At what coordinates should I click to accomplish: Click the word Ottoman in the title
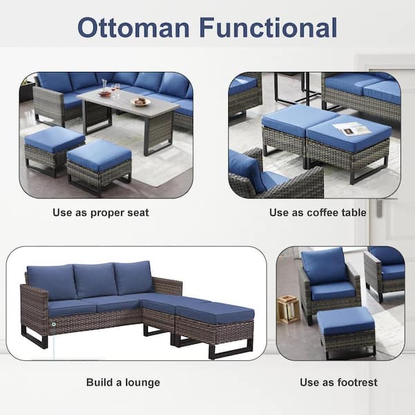coord(133,28)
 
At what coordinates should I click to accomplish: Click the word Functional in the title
coord(268,28)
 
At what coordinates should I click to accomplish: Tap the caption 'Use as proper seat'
coord(100,213)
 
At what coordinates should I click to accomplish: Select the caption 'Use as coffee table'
coord(317,212)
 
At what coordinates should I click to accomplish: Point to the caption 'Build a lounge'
coord(123,382)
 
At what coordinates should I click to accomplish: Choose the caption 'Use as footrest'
coord(338,382)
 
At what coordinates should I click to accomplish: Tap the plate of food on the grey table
coord(140,102)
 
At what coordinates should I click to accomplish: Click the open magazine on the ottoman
coord(351,130)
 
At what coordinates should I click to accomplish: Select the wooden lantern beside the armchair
coord(288,309)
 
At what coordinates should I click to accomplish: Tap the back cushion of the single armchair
coord(325,266)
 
